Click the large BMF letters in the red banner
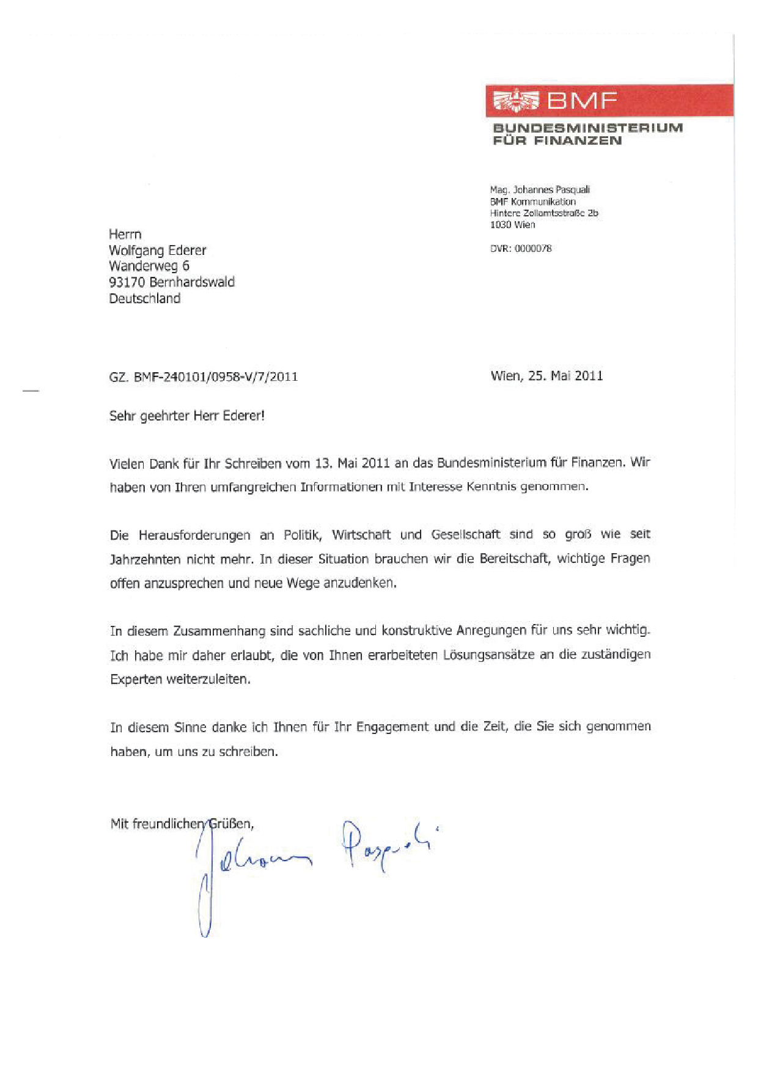tap(582, 100)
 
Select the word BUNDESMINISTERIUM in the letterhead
tap(587, 128)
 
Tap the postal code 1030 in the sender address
tap(500, 224)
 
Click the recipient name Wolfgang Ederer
tap(157, 250)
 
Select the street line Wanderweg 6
tap(149, 266)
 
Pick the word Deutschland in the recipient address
tap(144, 298)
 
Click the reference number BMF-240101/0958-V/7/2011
tap(215, 376)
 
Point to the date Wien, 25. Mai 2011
tap(546, 375)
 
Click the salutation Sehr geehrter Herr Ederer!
tap(186, 416)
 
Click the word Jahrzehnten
tap(144, 559)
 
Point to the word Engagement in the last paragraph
tap(392, 727)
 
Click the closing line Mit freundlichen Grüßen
tap(182, 823)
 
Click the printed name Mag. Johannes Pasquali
tap(540, 189)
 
